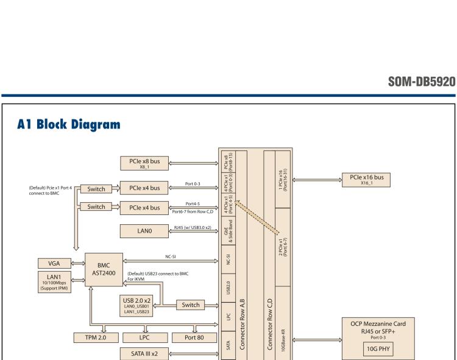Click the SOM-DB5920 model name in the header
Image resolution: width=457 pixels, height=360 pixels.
[x=420, y=83]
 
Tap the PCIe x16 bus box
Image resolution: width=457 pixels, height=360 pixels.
[x=366, y=179]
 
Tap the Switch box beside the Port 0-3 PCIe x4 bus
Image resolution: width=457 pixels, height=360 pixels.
[x=96, y=189]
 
